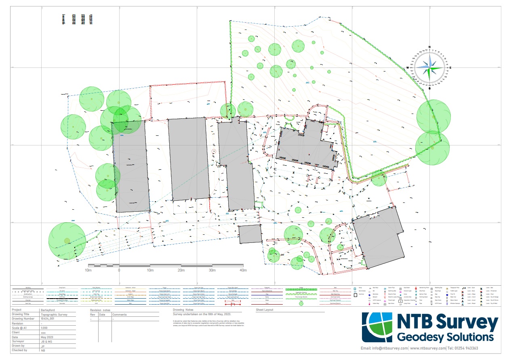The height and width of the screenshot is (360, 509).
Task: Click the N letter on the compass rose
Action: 429,47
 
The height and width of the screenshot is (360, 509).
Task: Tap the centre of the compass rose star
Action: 429,67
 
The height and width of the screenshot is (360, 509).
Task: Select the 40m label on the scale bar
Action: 243,270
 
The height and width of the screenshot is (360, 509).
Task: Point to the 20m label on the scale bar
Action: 181,270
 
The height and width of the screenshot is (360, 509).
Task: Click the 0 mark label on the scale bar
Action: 119,270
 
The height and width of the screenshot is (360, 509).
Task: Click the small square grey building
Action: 250,234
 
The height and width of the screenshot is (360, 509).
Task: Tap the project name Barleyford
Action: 48,310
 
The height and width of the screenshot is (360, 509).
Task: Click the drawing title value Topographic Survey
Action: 54,314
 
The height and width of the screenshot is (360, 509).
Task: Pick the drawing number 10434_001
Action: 48,318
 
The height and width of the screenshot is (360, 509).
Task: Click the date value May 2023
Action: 47,337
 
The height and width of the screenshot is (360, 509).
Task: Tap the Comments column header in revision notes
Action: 119,314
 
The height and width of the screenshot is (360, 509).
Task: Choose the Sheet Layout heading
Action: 265,310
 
